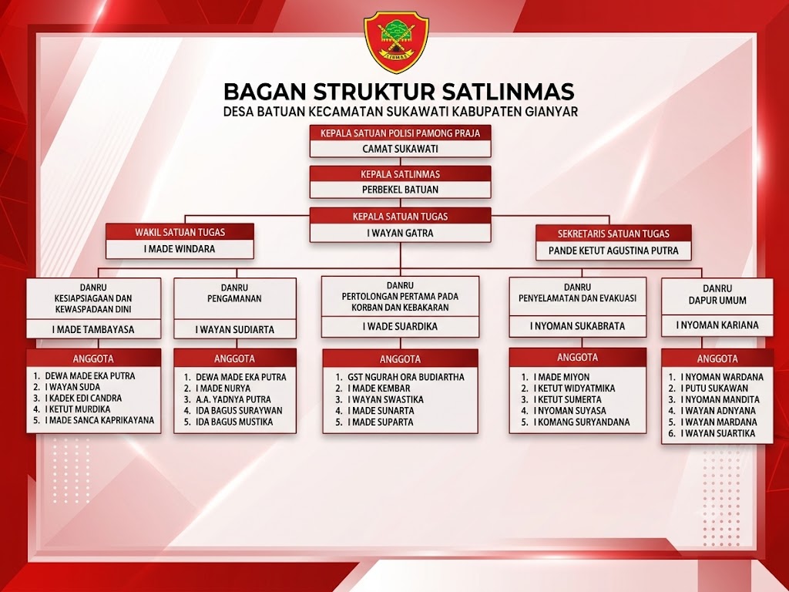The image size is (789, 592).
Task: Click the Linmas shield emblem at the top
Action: pyautogui.click(x=396, y=42)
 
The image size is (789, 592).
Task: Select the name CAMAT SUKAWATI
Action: pyautogui.click(x=400, y=149)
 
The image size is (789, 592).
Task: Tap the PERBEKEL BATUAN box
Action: pyautogui.click(x=400, y=190)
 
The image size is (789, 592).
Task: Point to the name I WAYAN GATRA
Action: pyautogui.click(x=400, y=233)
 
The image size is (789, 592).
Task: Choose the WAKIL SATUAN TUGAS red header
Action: pyautogui.click(x=180, y=232)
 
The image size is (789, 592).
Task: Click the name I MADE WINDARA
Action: pyautogui.click(x=180, y=249)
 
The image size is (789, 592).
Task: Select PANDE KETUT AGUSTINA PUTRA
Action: pyautogui.click(x=613, y=251)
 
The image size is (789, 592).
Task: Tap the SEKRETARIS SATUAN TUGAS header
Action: pyautogui.click(x=613, y=234)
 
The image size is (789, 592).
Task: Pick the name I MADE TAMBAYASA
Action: pyautogui.click(x=93, y=330)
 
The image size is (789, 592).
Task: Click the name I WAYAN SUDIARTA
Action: pyautogui.click(x=234, y=330)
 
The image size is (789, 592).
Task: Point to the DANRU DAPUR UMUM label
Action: pyautogui.click(x=717, y=294)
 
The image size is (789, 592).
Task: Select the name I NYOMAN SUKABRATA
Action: pyautogui.click(x=577, y=326)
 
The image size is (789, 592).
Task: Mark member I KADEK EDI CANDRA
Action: pyautogui.click(x=83, y=399)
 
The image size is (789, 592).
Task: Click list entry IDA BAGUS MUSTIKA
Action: pyautogui.click(x=234, y=422)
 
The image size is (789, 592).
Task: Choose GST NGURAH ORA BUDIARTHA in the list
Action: pyautogui.click(x=405, y=377)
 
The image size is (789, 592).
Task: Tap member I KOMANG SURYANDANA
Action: pyautogui.click(x=581, y=422)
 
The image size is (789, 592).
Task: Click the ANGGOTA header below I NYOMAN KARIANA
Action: pyautogui.click(x=717, y=359)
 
